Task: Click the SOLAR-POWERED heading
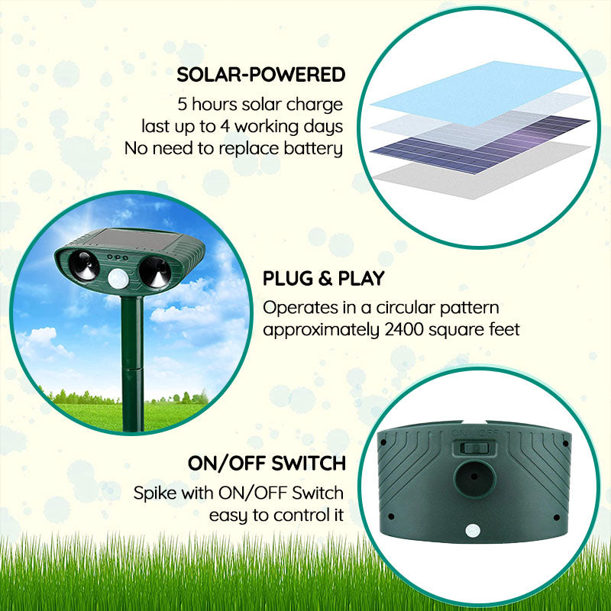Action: click(x=260, y=74)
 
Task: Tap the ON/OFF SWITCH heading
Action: click(x=267, y=463)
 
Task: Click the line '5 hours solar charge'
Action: click(x=260, y=104)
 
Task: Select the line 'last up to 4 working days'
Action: click(x=242, y=126)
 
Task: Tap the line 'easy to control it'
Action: click(x=276, y=514)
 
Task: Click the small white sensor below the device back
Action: click(x=471, y=529)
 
